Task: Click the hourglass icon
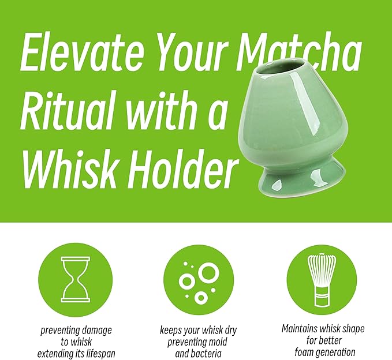[x=76, y=279]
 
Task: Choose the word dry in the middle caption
[x=229, y=331]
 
